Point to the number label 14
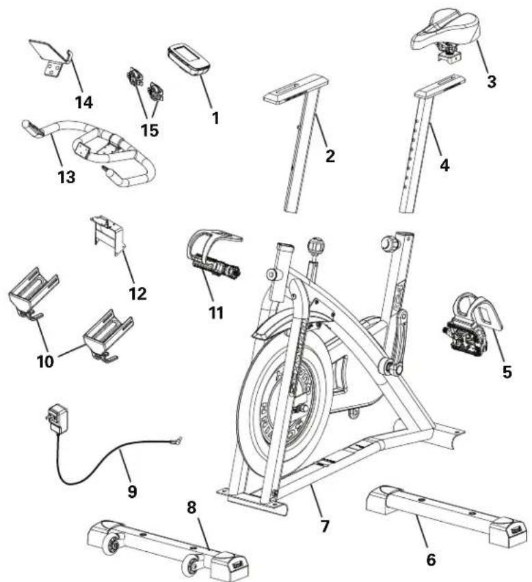(84, 103)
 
